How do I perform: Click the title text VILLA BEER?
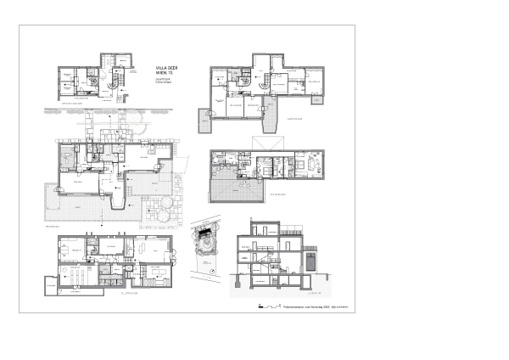coord(167,66)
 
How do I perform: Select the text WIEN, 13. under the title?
coord(165,72)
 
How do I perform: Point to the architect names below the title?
coord(164,81)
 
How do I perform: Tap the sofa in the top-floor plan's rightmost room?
coord(309,165)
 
